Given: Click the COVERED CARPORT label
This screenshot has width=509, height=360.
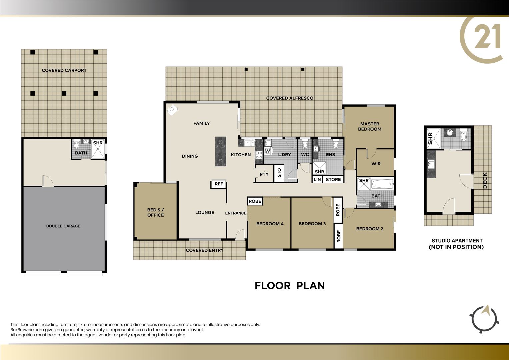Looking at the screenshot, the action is click(64, 70).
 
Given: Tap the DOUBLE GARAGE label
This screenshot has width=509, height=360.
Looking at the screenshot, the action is click(63, 226).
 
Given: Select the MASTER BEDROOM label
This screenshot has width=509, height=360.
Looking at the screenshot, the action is click(370, 126).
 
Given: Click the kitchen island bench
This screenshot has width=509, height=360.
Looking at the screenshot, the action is click(220, 151).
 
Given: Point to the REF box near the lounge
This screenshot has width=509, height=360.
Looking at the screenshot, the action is click(219, 184).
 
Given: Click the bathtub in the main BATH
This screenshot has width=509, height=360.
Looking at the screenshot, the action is click(382, 184).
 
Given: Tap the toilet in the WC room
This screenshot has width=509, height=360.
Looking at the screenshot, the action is click(305, 144).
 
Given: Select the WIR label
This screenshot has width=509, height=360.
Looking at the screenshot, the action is click(376, 164).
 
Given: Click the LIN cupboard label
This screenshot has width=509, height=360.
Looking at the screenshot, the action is click(317, 180).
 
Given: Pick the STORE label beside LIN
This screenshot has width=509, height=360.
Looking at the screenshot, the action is click(333, 180).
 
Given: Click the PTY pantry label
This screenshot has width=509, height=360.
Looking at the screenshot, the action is click(264, 174).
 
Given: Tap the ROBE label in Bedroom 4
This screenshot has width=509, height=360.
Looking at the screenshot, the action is click(255, 201).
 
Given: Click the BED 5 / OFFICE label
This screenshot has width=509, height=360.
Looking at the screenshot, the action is click(155, 213).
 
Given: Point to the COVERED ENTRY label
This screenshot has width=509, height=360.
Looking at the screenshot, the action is click(205, 250).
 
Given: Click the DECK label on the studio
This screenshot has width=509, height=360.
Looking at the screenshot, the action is click(485, 180).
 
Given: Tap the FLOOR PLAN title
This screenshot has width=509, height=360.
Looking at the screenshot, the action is click(290, 286).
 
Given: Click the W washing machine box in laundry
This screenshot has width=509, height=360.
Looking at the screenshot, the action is click(268, 151).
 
